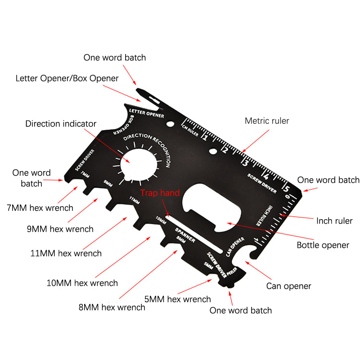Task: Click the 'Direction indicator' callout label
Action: pos(61,123)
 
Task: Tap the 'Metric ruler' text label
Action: pos(267,121)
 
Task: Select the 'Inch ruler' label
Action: pos(334,221)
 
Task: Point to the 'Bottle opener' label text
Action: pos(323,245)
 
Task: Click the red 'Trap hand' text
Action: pos(160,193)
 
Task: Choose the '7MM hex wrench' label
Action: pos(40,208)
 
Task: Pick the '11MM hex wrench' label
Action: pos(66,253)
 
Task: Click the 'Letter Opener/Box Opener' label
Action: pos(67,78)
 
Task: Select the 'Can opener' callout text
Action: pos(288,286)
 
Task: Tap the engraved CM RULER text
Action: pos(190,130)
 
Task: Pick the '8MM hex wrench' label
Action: pos(112,307)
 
